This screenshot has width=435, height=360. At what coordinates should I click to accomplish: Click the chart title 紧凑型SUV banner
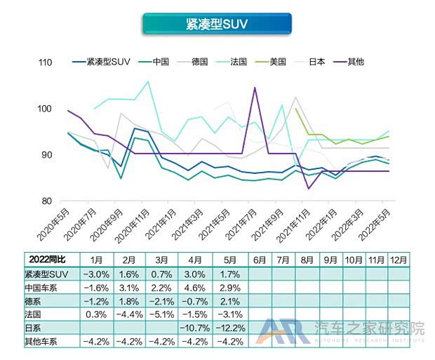pos(217,24)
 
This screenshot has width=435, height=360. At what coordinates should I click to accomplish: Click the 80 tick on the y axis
pos(47,201)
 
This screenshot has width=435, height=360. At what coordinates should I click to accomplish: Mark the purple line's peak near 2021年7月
pos(254,88)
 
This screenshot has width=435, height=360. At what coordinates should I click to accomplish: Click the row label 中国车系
pos(43,287)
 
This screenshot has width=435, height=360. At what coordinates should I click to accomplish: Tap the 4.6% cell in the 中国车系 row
pos(194,287)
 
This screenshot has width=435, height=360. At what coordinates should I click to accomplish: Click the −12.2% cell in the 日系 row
pos(227,328)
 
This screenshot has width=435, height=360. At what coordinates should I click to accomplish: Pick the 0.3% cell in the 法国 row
pos(96,314)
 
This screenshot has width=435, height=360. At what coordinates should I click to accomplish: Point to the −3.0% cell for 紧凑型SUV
pos(96,274)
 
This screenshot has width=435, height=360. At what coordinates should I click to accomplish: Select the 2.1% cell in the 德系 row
pos(227,301)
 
